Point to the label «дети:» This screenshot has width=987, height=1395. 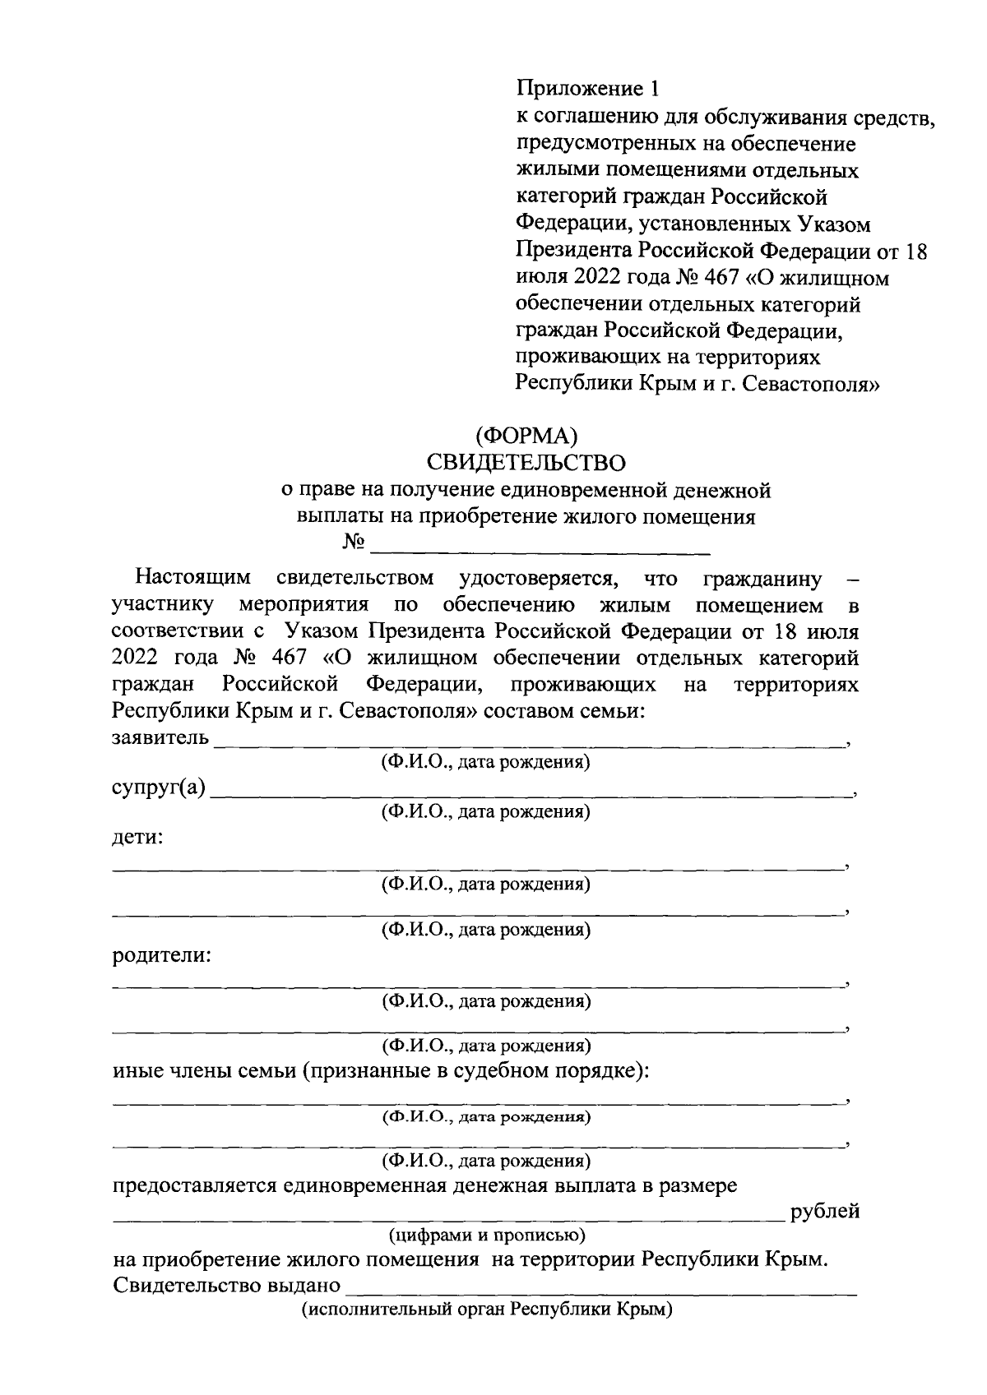click(x=137, y=838)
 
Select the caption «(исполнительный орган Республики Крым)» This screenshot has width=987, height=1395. click(x=486, y=1310)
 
